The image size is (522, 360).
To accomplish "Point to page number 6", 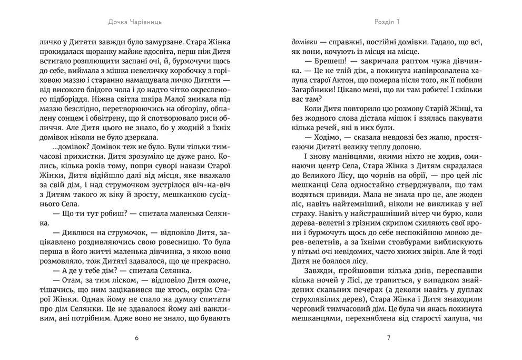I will coord(137,338).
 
